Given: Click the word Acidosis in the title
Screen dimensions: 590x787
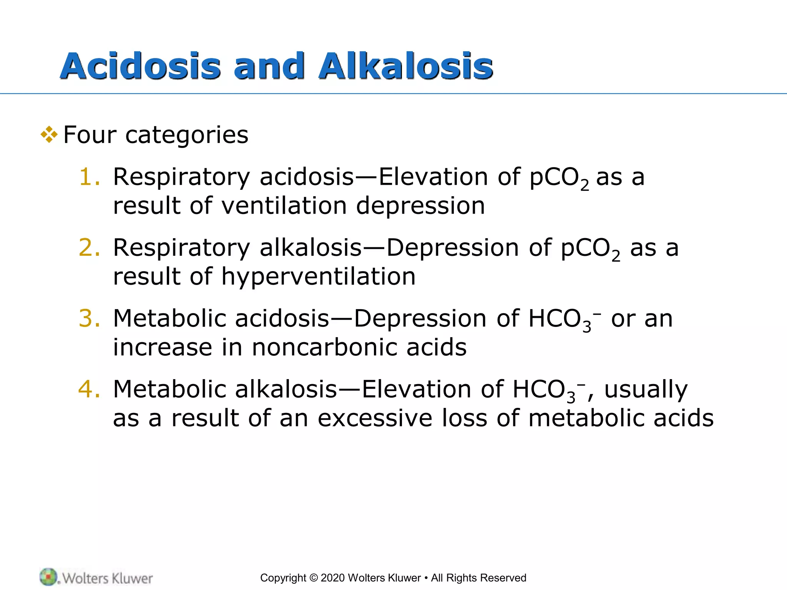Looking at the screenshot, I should [x=140, y=66].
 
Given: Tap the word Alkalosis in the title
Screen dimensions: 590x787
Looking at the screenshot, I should [x=405, y=66].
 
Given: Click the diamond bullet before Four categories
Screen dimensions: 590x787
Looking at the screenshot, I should [x=49, y=135].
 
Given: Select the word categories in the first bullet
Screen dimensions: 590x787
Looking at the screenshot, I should [x=187, y=135].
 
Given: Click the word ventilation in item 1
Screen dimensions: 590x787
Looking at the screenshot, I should [x=284, y=206].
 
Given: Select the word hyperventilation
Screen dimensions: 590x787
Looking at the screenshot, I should [x=318, y=277].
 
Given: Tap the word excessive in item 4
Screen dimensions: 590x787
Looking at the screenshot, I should [x=375, y=418].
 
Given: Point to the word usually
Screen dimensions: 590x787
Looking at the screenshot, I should [x=646, y=389].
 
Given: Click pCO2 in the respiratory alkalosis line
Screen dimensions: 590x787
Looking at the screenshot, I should [x=590, y=249].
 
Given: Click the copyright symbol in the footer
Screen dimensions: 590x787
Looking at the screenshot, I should [x=313, y=578].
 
